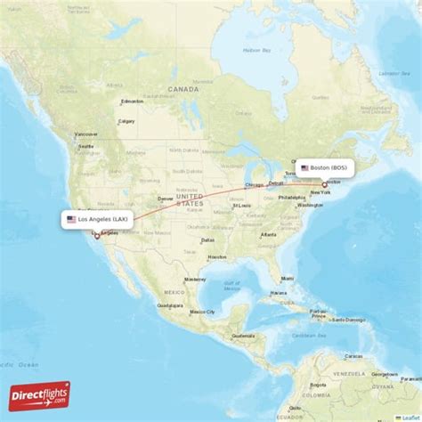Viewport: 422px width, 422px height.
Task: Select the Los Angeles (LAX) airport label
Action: click(x=98, y=218)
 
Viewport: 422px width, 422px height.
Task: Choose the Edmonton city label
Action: click(x=132, y=101)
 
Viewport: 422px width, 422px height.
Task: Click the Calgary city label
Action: click(x=126, y=121)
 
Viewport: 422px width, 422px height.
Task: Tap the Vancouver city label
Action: click(x=86, y=134)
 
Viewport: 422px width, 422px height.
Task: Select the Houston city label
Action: click(x=217, y=257)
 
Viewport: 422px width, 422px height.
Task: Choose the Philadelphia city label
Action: click(x=291, y=198)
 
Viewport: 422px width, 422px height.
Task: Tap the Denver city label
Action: click(x=165, y=199)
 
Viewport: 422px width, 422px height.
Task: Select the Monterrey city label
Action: click(x=194, y=279)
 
